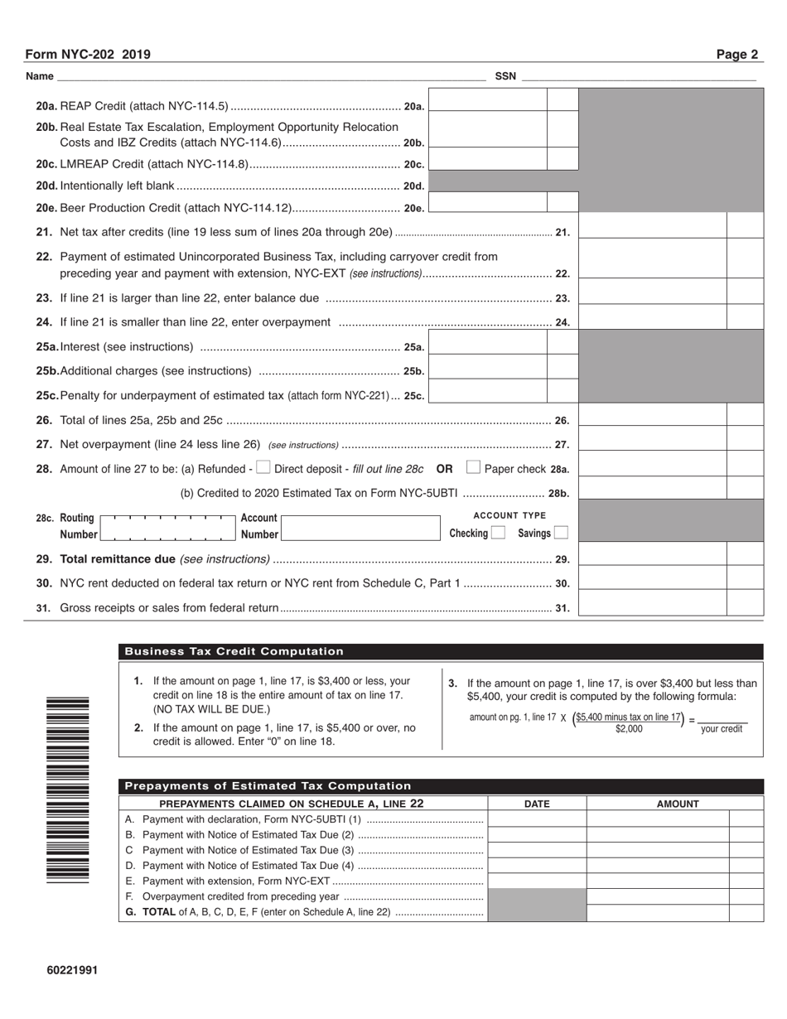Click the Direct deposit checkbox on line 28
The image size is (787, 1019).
[x=263, y=468]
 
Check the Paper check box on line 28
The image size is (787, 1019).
[x=473, y=468]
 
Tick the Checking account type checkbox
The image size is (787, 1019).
[x=497, y=533]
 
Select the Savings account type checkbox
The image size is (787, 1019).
[x=561, y=533]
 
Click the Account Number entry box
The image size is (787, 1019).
[x=360, y=527]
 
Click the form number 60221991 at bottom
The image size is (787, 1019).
[x=72, y=969]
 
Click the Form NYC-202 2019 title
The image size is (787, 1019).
[x=88, y=55]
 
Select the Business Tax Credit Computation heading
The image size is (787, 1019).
[x=234, y=652]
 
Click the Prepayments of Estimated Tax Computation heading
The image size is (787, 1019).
[x=268, y=786]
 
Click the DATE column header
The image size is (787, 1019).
[x=537, y=804]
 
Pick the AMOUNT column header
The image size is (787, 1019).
[x=678, y=804]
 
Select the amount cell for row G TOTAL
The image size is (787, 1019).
[x=658, y=913]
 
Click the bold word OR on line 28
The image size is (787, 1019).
[x=445, y=469]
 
